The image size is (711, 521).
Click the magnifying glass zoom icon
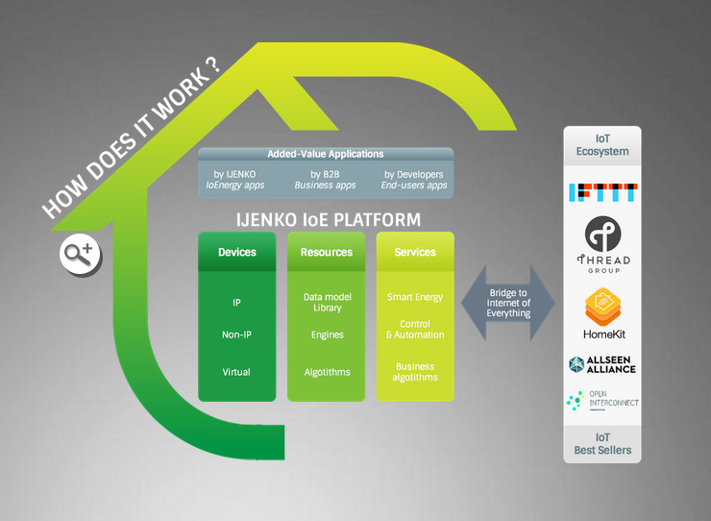point(77,254)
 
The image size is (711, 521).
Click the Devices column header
point(237,252)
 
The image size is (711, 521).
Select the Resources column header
point(327,252)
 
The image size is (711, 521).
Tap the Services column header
point(415,252)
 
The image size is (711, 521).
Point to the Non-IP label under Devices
point(237,335)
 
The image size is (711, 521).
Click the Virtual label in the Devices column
point(237,372)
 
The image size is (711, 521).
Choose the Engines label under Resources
point(327,335)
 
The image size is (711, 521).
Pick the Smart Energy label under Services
point(415,297)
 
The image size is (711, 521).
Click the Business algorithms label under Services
point(415,372)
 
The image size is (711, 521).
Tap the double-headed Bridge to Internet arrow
point(508,303)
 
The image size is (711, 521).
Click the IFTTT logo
point(602,192)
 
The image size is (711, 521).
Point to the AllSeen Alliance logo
point(602,364)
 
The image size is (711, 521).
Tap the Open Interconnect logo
point(602,402)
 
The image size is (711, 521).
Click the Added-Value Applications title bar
point(325,154)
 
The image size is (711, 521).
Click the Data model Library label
point(327,303)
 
